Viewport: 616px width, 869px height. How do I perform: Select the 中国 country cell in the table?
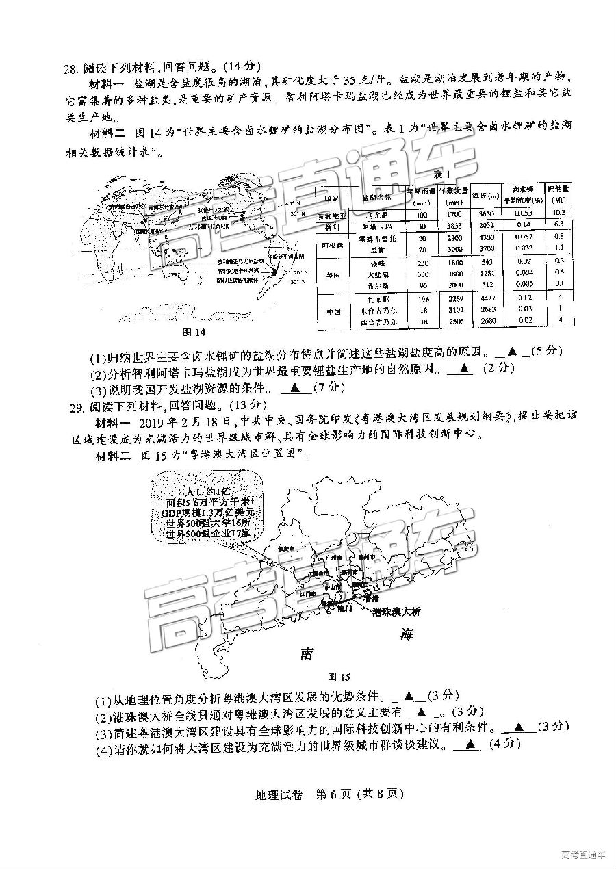332,310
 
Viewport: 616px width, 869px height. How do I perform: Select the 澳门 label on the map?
344,608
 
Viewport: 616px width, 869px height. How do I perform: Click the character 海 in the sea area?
408,635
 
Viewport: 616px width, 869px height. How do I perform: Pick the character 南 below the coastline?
306,653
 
